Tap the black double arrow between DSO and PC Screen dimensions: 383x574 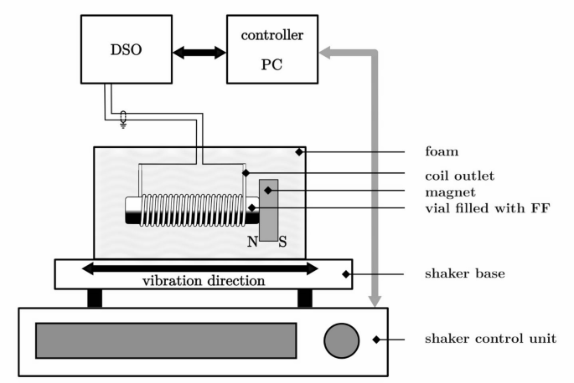[x=199, y=52]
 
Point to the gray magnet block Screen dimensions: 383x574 [x=269, y=210]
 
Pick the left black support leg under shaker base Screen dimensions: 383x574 [x=95, y=298]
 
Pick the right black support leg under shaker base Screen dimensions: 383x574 [x=305, y=298]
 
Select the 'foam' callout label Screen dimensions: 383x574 [x=442, y=153]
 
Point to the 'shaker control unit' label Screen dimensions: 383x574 [x=479, y=339]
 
